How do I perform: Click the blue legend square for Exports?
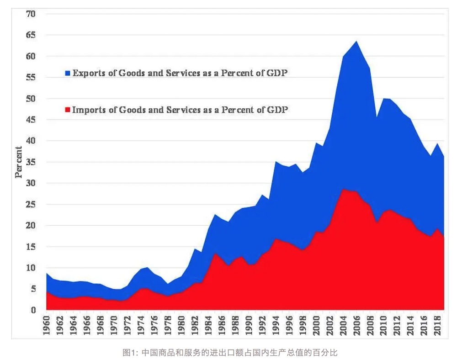pyautogui.click(x=68, y=73)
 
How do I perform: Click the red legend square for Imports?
pyautogui.click(x=68, y=110)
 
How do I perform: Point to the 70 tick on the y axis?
pyautogui.click(x=31, y=14)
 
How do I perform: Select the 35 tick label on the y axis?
pyautogui.click(x=31, y=162)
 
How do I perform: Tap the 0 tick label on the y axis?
pyautogui.click(x=33, y=310)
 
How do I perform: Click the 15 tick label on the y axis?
pyautogui.click(x=31, y=247)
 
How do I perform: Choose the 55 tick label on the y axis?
pyautogui.click(x=31, y=78)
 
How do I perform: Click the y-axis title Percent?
pyautogui.click(x=19, y=162)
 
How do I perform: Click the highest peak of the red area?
pyautogui.click(x=343, y=189)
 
